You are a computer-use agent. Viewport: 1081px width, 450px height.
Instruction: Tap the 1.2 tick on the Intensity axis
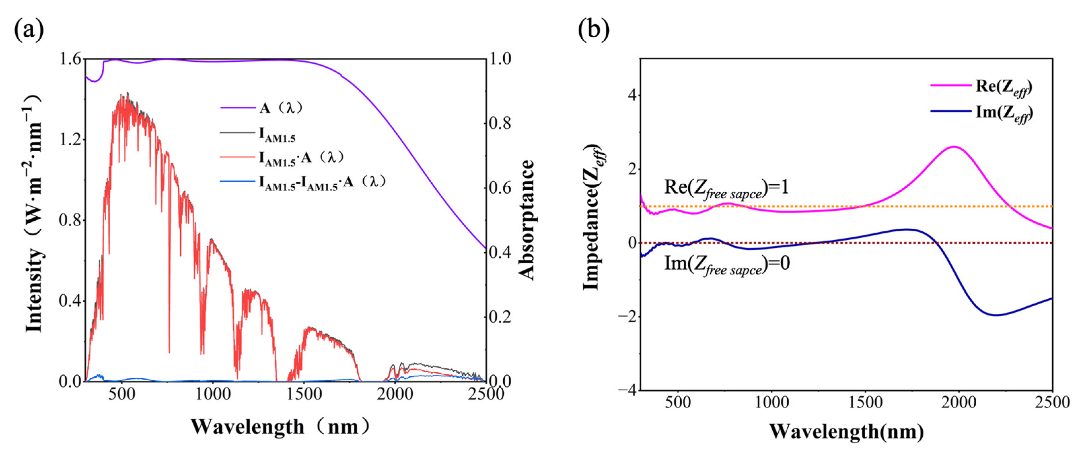coord(70,140)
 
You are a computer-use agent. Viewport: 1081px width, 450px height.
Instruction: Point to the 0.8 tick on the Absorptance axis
coord(500,124)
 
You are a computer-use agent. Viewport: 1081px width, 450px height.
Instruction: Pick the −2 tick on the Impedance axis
coord(627,316)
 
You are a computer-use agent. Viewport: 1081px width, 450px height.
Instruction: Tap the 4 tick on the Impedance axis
coord(631,95)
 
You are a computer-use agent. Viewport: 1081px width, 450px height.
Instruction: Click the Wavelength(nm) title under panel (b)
coord(847,431)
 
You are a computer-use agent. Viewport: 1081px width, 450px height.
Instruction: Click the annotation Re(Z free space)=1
coord(726,188)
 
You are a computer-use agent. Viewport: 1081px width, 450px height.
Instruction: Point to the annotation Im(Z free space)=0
coord(727,264)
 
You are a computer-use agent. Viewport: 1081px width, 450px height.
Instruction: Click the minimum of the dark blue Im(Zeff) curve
coord(996,315)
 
